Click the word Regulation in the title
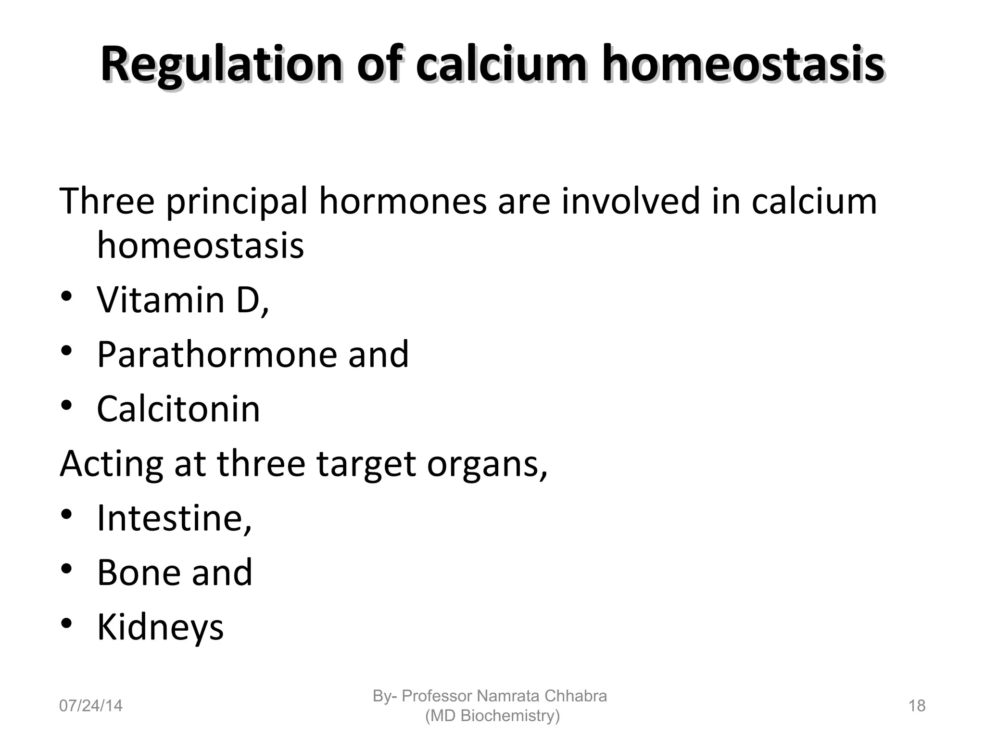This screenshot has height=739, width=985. [x=221, y=65]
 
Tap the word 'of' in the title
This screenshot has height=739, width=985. [x=378, y=65]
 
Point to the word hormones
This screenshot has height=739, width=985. [x=403, y=201]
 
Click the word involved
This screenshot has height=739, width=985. [x=631, y=201]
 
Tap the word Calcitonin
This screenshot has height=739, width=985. [x=178, y=409]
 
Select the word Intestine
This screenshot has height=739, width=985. [x=173, y=518]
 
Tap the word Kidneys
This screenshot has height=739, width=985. [x=160, y=627]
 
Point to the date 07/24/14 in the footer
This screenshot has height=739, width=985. [x=90, y=706]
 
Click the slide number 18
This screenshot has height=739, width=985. [x=917, y=706]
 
